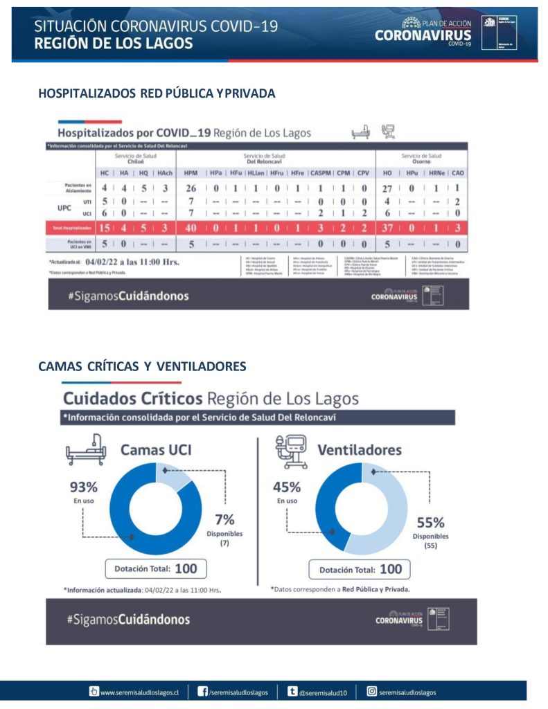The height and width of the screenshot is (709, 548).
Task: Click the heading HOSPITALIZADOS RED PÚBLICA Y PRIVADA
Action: pos(157,93)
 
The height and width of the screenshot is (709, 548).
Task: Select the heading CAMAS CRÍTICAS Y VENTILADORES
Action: pos(142,366)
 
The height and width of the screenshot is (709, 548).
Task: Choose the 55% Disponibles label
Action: pos(430,530)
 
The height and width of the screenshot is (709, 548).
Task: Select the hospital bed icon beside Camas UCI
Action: pos(85,452)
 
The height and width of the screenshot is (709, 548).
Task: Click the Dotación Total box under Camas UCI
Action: pos(155,569)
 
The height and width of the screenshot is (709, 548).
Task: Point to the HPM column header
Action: pos(191,172)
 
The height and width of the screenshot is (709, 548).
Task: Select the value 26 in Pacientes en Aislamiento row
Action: pos(191,188)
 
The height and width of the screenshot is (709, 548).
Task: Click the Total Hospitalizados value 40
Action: pos(191,228)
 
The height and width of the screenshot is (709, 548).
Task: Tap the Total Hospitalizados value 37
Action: pos(389,228)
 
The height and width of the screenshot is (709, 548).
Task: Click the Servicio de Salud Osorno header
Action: pos(421,159)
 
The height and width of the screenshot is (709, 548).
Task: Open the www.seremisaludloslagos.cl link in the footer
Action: pos(139,692)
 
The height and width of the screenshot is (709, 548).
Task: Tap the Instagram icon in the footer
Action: pos(372,691)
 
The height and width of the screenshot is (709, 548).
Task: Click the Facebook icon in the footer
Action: pos(203,691)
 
